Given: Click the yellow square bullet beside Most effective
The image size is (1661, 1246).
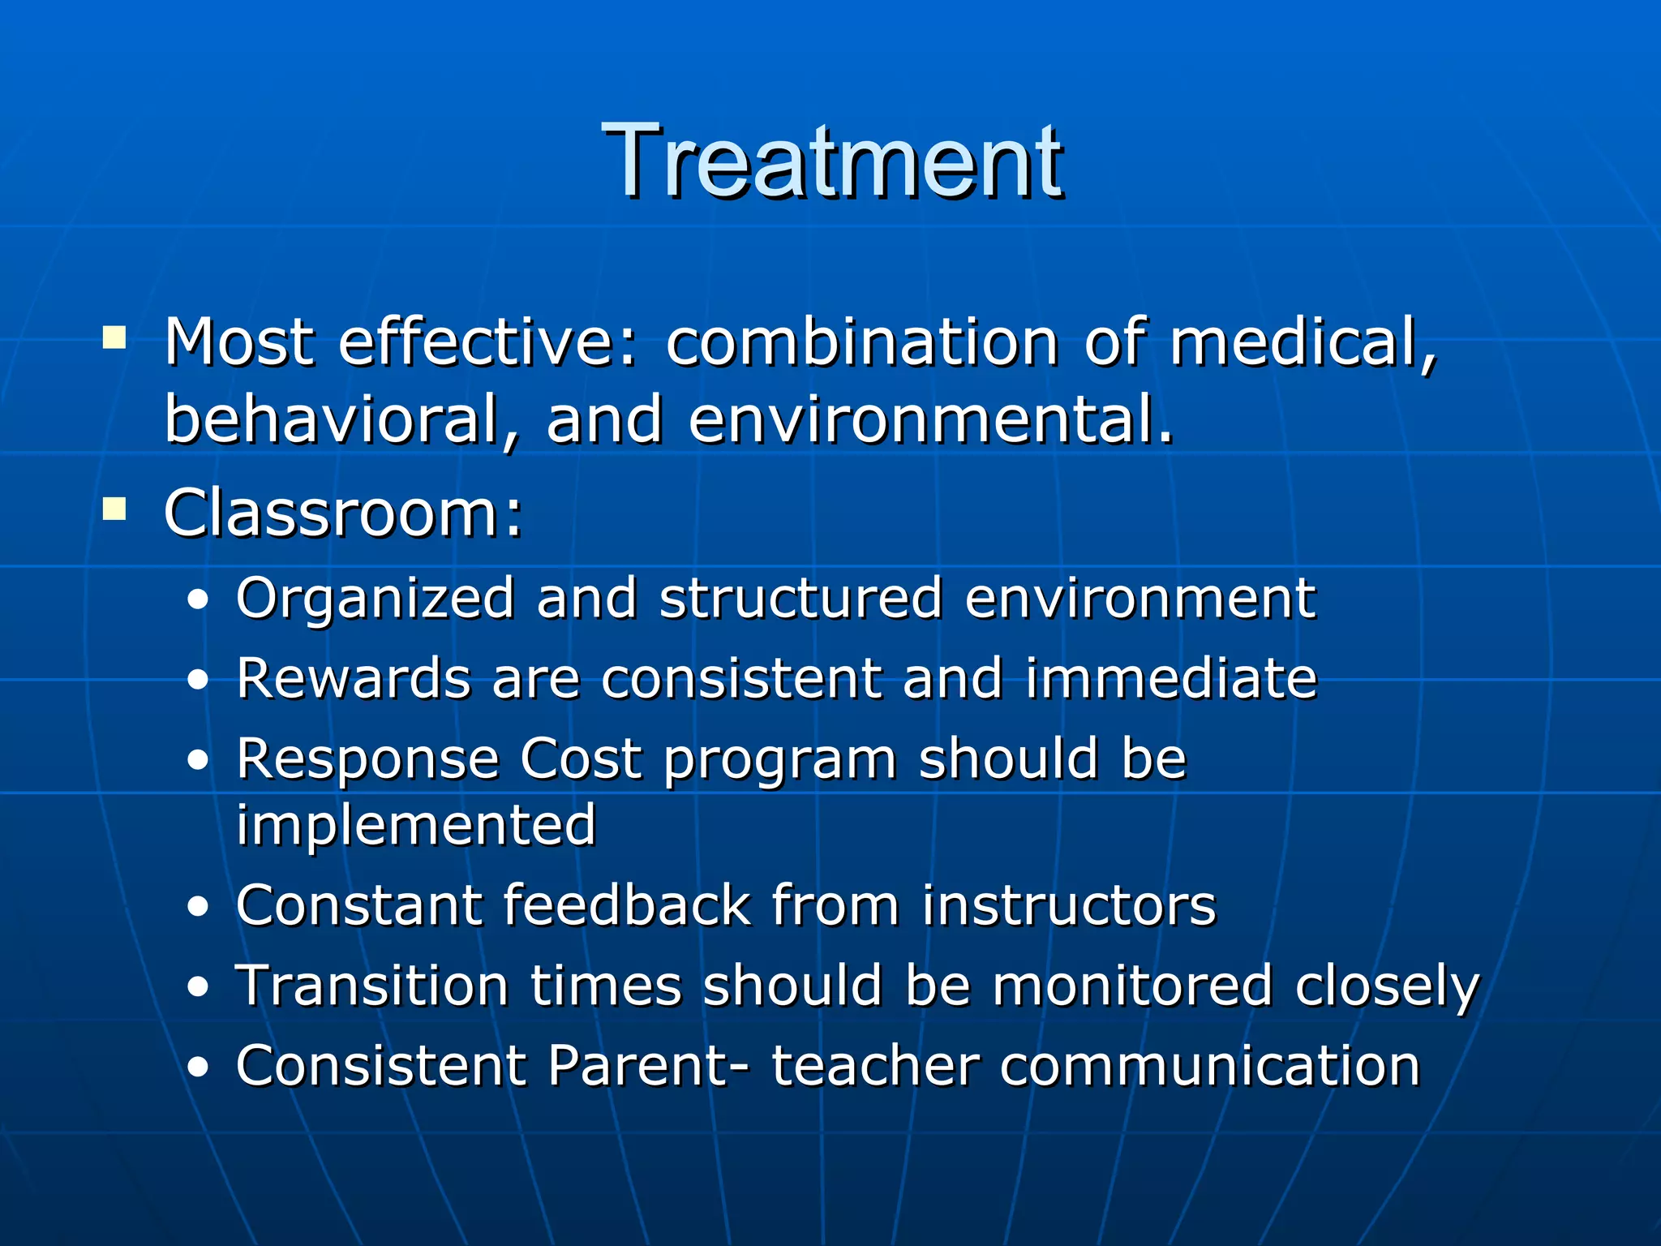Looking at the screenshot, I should coord(114,337).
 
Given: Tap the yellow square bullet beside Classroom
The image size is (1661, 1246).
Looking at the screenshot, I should coord(114,509).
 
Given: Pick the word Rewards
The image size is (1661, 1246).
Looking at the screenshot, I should coord(353,678).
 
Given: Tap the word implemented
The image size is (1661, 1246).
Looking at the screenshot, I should coord(416,826).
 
